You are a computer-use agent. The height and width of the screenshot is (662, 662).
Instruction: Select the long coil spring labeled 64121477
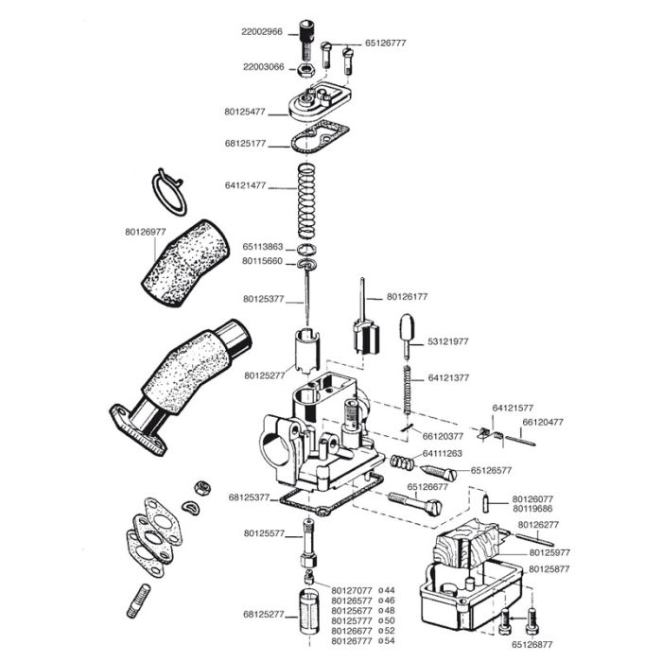(x=308, y=200)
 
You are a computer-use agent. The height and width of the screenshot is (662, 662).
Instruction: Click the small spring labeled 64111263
(x=403, y=462)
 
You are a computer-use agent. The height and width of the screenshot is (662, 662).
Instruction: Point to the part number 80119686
(x=533, y=509)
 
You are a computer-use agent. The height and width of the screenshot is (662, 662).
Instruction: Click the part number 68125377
(x=250, y=496)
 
